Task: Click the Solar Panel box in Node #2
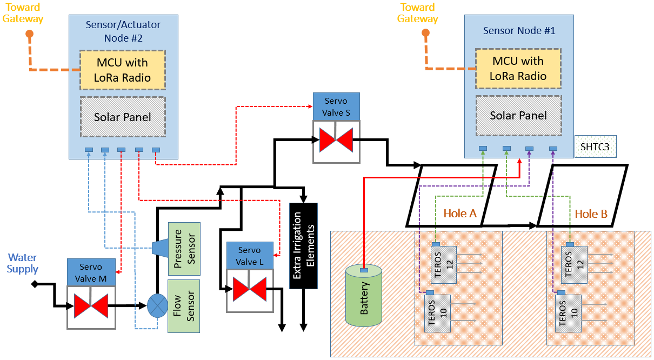coord(122,117)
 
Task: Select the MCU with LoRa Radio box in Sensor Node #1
coord(518,68)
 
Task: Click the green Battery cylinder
coord(364,296)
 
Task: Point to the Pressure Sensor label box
coord(184,249)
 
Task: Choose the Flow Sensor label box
coord(184,306)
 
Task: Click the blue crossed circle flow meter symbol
coord(158,306)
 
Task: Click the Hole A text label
coord(460,214)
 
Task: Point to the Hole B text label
coord(591,214)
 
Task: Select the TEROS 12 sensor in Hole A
coord(444,264)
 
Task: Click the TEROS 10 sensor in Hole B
coord(568,314)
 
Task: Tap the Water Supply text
coord(23,263)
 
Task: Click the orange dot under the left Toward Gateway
coord(30,34)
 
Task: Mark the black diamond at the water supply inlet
coord(35,284)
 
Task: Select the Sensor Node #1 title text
coord(519,31)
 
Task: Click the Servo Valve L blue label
coord(249,256)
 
